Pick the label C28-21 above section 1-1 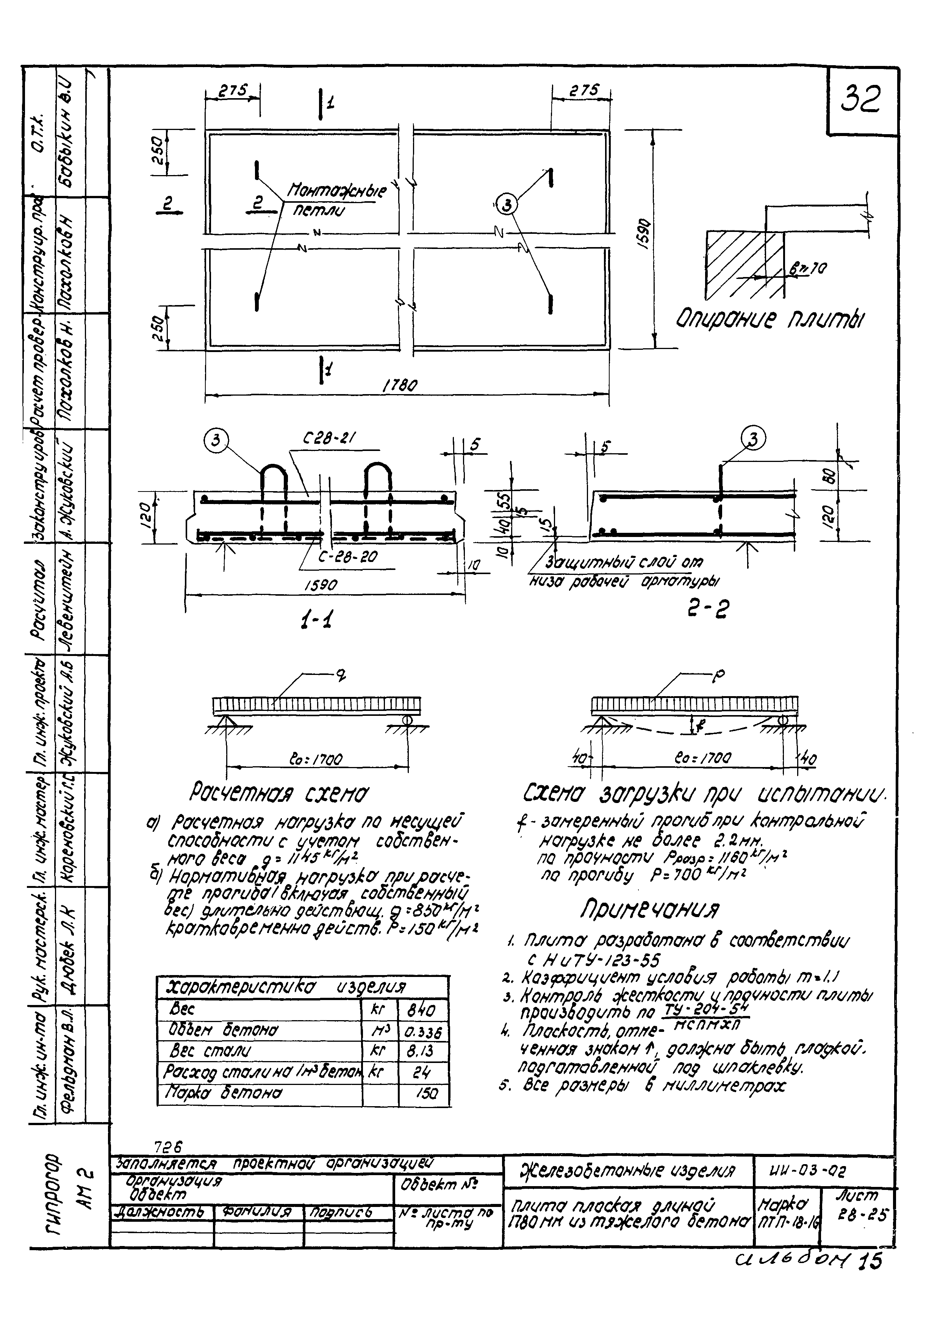[329, 440]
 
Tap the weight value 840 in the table [421, 1011]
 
